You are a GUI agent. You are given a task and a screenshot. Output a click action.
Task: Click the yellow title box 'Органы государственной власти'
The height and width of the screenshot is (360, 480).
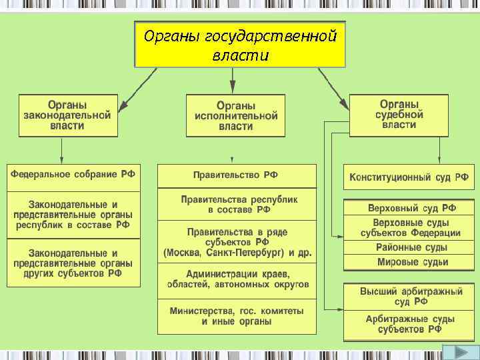(x=240, y=43)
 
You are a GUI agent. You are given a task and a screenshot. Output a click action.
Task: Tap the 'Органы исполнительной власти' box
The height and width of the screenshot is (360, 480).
(x=235, y=116)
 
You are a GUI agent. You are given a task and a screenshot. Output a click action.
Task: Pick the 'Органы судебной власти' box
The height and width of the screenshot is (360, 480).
(x=399, y=115)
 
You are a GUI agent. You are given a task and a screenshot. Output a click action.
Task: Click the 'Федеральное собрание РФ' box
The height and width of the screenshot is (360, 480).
(x=73, y=175)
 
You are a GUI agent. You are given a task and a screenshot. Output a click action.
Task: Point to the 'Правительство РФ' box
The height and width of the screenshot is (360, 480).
(x=236, y=175)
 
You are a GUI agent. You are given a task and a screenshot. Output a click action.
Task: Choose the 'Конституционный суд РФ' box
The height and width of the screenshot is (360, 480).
(x=409, y=178)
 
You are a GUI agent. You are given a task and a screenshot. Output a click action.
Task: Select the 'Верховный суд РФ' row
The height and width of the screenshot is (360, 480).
(x=409, y=208)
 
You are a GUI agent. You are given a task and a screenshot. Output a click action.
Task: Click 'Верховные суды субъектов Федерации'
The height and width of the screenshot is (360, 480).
(x=409, y=227)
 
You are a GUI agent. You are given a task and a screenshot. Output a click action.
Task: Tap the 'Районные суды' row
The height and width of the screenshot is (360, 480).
(x=409, y=247)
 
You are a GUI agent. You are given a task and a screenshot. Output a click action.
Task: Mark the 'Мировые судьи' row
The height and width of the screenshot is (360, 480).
(x=409, y=262)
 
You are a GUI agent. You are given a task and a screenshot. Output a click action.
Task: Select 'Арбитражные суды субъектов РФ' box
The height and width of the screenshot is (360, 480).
(x=409, y=325)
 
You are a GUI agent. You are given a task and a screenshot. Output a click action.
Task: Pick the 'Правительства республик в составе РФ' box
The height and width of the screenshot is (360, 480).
(x=236, y=205)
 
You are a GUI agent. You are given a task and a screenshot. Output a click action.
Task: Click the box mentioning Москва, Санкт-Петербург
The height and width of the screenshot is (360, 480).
(x=236, y=242)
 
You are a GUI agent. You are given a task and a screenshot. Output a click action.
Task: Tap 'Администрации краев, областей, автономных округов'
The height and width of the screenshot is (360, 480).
(x=236, y=280)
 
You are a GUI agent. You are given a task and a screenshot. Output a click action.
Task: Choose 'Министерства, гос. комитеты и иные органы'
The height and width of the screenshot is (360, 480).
(x=236, y=316)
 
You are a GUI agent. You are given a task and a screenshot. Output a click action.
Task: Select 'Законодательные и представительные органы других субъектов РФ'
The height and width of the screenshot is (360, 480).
(x=73, y=263)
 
